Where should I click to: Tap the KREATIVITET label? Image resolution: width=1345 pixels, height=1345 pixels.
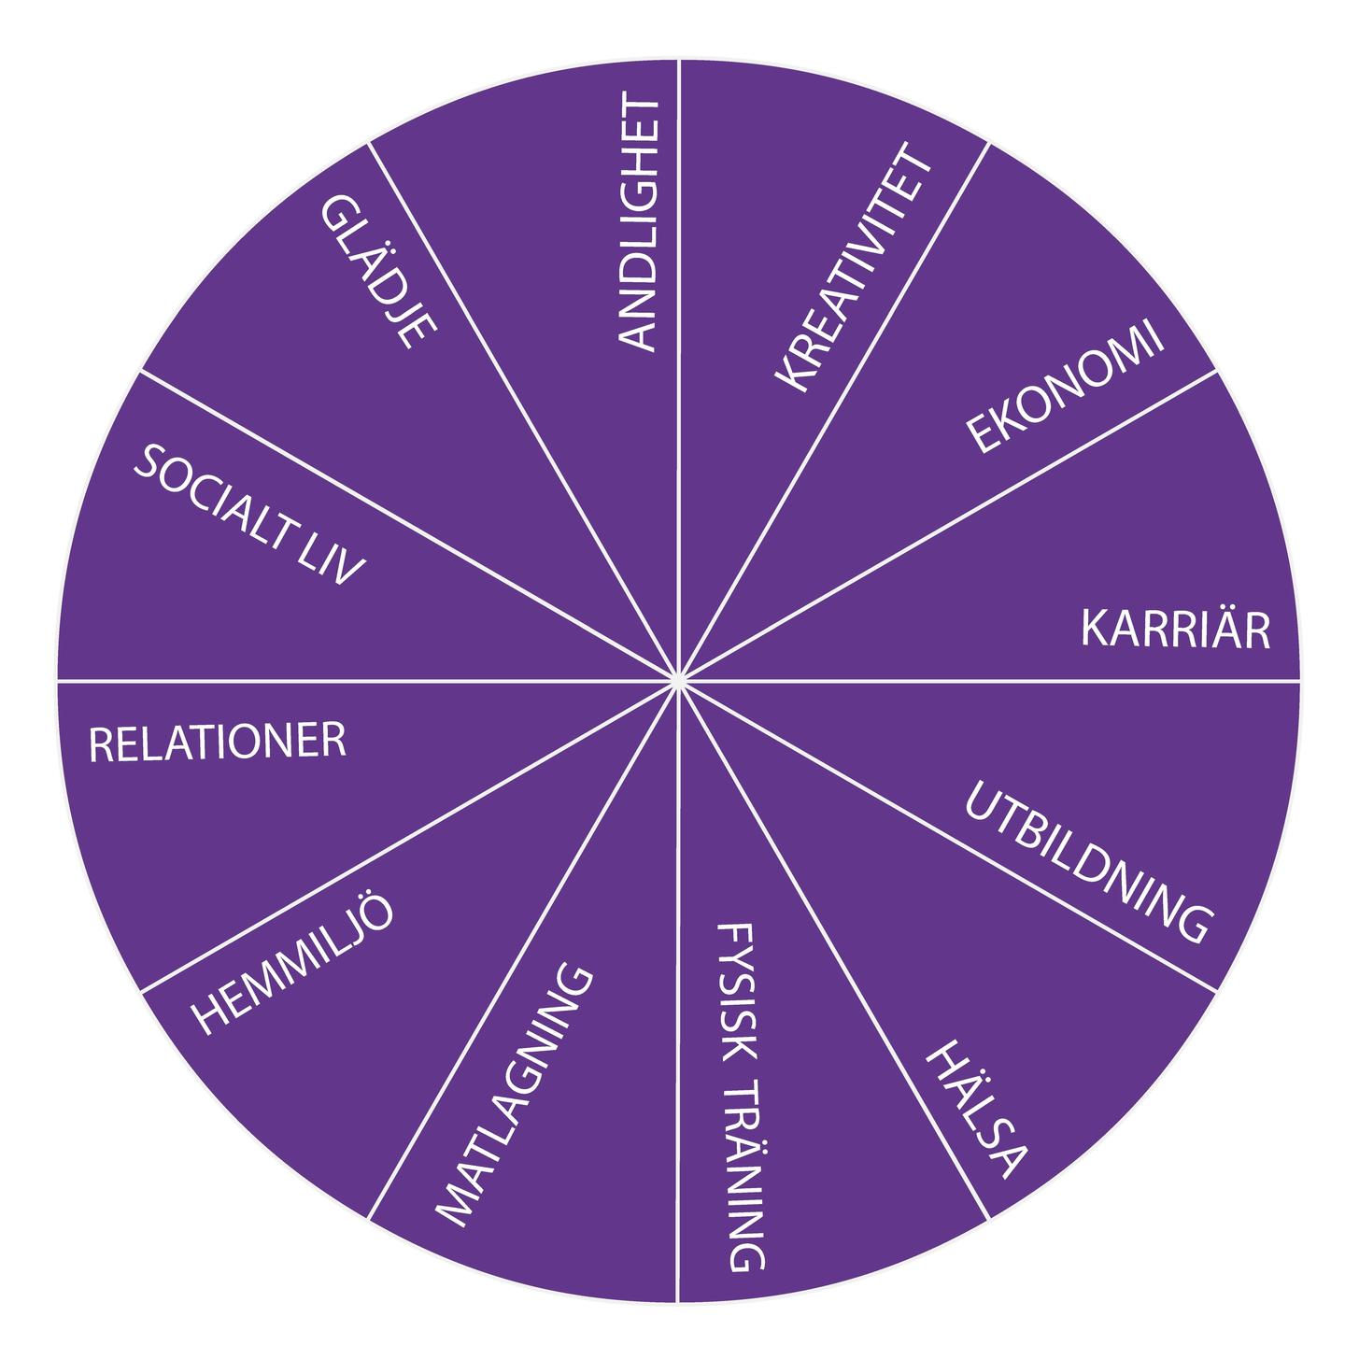click(x=853, y=267)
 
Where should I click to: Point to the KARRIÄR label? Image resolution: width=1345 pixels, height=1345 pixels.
click(x=1175, y=629)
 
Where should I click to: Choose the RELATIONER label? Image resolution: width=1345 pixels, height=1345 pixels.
click(x=218, y=742)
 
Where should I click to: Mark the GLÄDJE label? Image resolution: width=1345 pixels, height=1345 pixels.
click(x=377, y=271)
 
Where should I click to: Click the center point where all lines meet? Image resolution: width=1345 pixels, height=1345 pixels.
click(x=676, y=678)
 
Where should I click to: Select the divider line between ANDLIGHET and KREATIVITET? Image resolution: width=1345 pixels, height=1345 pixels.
click(x=678, y=369)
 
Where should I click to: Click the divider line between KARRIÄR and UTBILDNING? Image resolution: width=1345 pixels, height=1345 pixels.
click(x=988, y=679)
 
